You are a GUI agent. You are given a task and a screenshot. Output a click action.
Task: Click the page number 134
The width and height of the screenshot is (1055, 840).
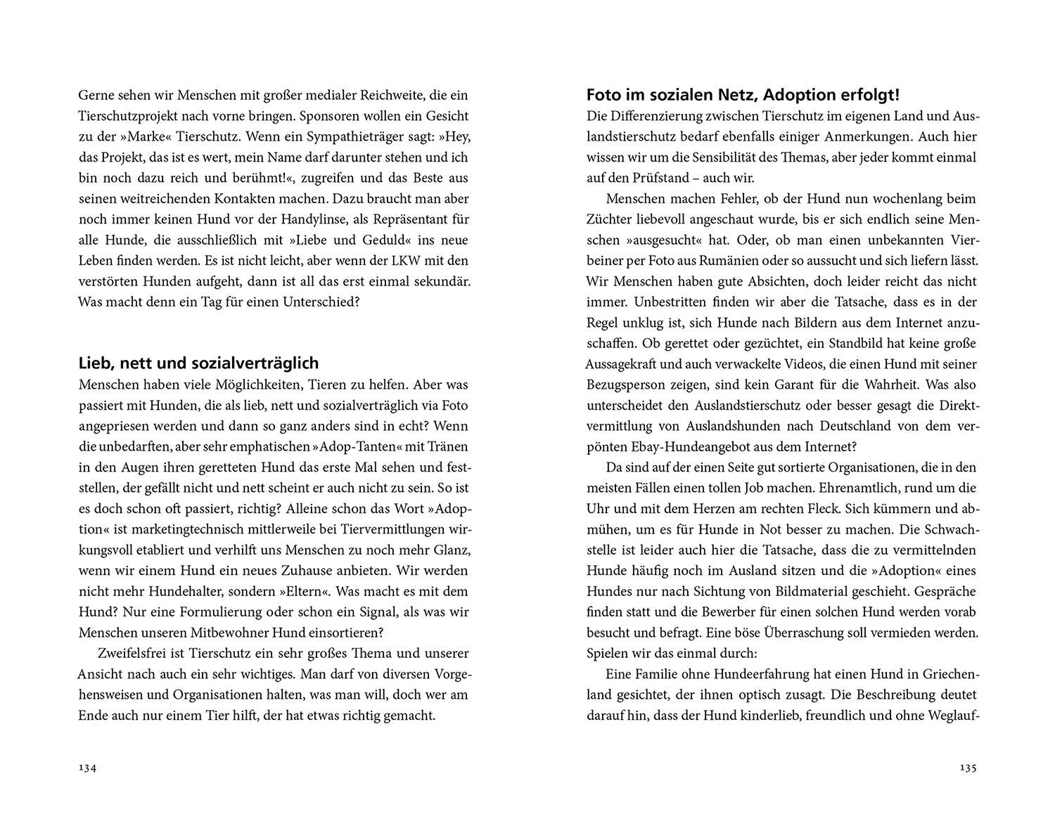87,768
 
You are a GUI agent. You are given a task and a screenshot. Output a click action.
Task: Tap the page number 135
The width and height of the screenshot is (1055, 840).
968,768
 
